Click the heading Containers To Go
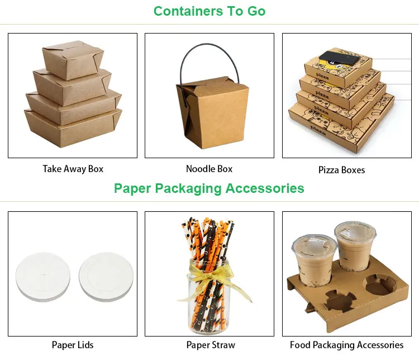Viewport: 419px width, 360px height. pos(209,11)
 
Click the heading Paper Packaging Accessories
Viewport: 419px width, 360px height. pos(209,188)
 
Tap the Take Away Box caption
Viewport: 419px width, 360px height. pos(73,168)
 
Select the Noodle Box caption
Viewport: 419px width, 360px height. pos(209,168)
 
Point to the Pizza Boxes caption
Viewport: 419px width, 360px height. pos(341,169)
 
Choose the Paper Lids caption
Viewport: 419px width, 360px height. pos(73,345)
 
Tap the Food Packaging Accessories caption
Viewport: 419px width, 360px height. pos(346,345)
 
